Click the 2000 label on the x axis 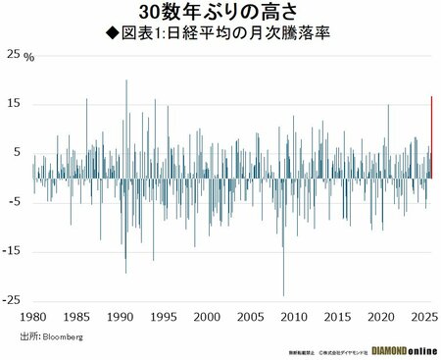point(206,318)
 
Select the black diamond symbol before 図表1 point(112,33)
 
